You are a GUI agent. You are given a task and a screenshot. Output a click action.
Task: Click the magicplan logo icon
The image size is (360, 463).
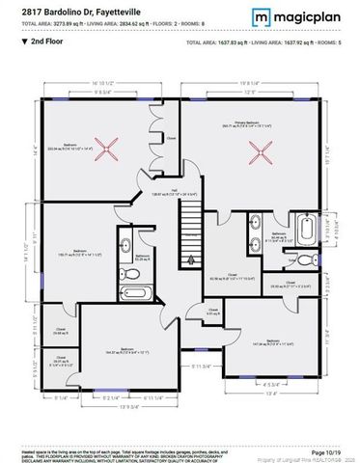262,17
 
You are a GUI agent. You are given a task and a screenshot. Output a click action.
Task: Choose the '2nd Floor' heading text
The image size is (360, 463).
48,43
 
